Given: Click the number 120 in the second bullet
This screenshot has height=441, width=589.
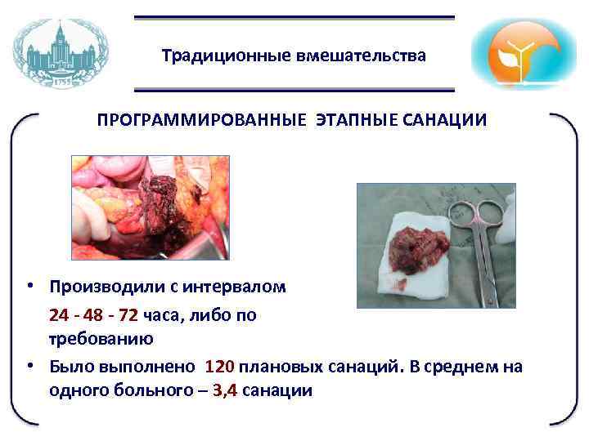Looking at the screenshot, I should pyautogui.click(x=220, y=367).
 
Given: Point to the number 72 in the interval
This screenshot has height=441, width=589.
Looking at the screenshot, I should pyautogui.click(x=128, y=316).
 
